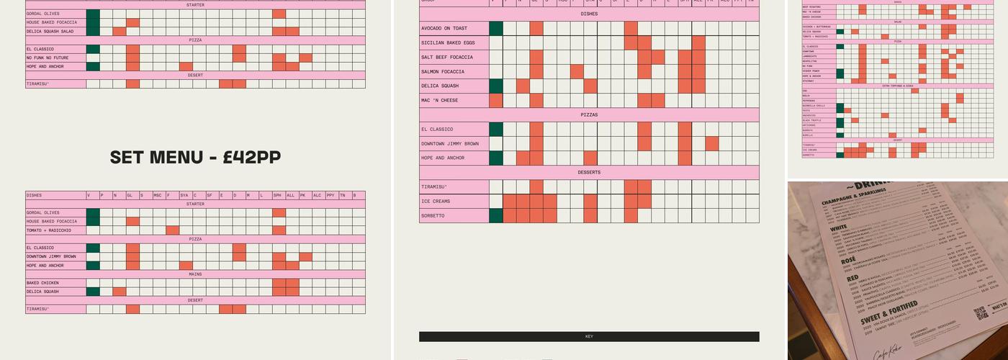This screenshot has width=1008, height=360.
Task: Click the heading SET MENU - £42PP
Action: [x=195, y=158]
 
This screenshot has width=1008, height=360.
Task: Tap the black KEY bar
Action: [x=589, y=336]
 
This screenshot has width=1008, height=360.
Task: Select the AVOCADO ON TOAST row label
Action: [x=444, y=29]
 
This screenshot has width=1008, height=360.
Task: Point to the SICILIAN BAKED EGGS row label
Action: [x=449, y=43]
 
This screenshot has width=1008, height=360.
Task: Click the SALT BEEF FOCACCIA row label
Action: [x=447, y=58]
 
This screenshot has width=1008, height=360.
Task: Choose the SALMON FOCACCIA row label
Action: [x=443, y=72]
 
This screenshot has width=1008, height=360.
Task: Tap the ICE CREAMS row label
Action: [x=436, y=202]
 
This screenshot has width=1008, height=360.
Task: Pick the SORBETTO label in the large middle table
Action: [x=433, y=216]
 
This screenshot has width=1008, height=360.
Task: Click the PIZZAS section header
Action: [x=589, y=115]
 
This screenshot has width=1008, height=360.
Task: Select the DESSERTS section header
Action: [x=589, y=173]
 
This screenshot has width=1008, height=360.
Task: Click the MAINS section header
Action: [x=195, y=274]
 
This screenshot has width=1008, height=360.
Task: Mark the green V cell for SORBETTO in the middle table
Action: [x=495, y=216]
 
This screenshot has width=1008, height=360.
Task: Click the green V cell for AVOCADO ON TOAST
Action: [x=495, y=29]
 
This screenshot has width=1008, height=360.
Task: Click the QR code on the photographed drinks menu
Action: [x=981, y=313]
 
